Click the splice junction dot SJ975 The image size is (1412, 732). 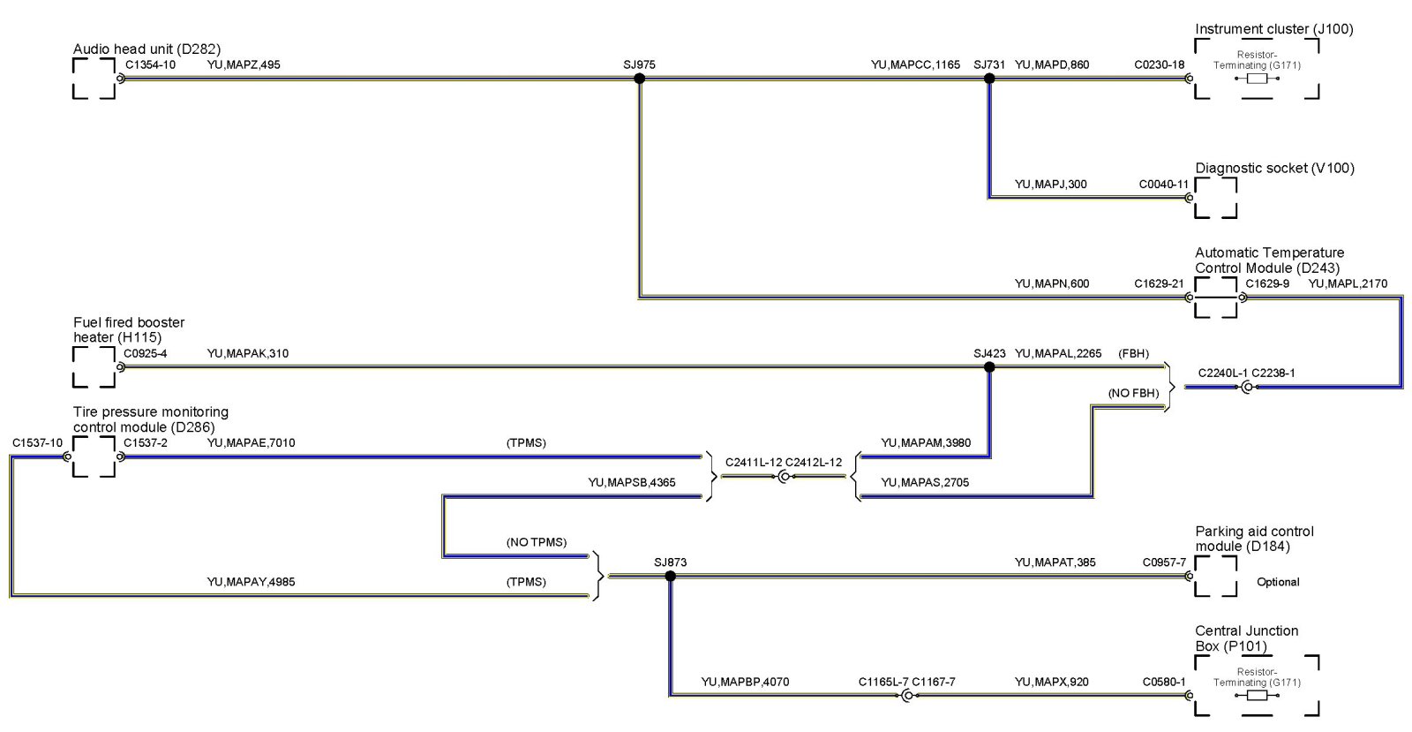pos(640,79)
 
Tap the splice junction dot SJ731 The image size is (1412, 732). pos(989,79)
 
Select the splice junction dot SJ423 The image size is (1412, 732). pos(989,366)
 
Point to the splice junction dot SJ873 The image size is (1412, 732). pos(670,576)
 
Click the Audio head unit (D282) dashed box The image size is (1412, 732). pos(94,79)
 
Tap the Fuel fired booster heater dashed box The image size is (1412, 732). pos(94,366)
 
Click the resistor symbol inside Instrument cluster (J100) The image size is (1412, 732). pos(1257,79)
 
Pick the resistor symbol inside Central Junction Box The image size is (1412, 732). pos(1257,695)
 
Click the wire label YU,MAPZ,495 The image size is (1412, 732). pos(244,64)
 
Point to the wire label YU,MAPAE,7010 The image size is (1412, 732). pos(251,442)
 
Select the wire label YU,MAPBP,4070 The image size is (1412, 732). pos(745,682)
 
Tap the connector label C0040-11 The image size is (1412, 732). pos(1164,185)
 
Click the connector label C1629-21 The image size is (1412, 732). pos(1159,283)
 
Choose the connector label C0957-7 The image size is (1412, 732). pos(1164,562)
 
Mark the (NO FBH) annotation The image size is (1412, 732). pos(1134,393)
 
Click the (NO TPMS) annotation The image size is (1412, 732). pos(537,542)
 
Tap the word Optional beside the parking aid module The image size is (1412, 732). pos(1278,582)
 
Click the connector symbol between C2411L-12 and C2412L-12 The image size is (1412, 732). pos(784,477)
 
